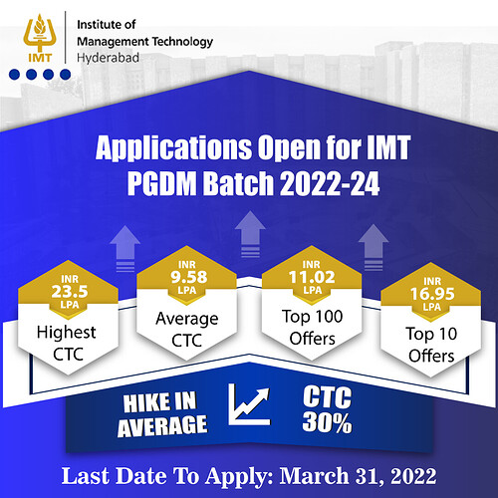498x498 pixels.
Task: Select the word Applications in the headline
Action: point(160,151)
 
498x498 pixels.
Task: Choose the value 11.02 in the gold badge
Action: point(299,267)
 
